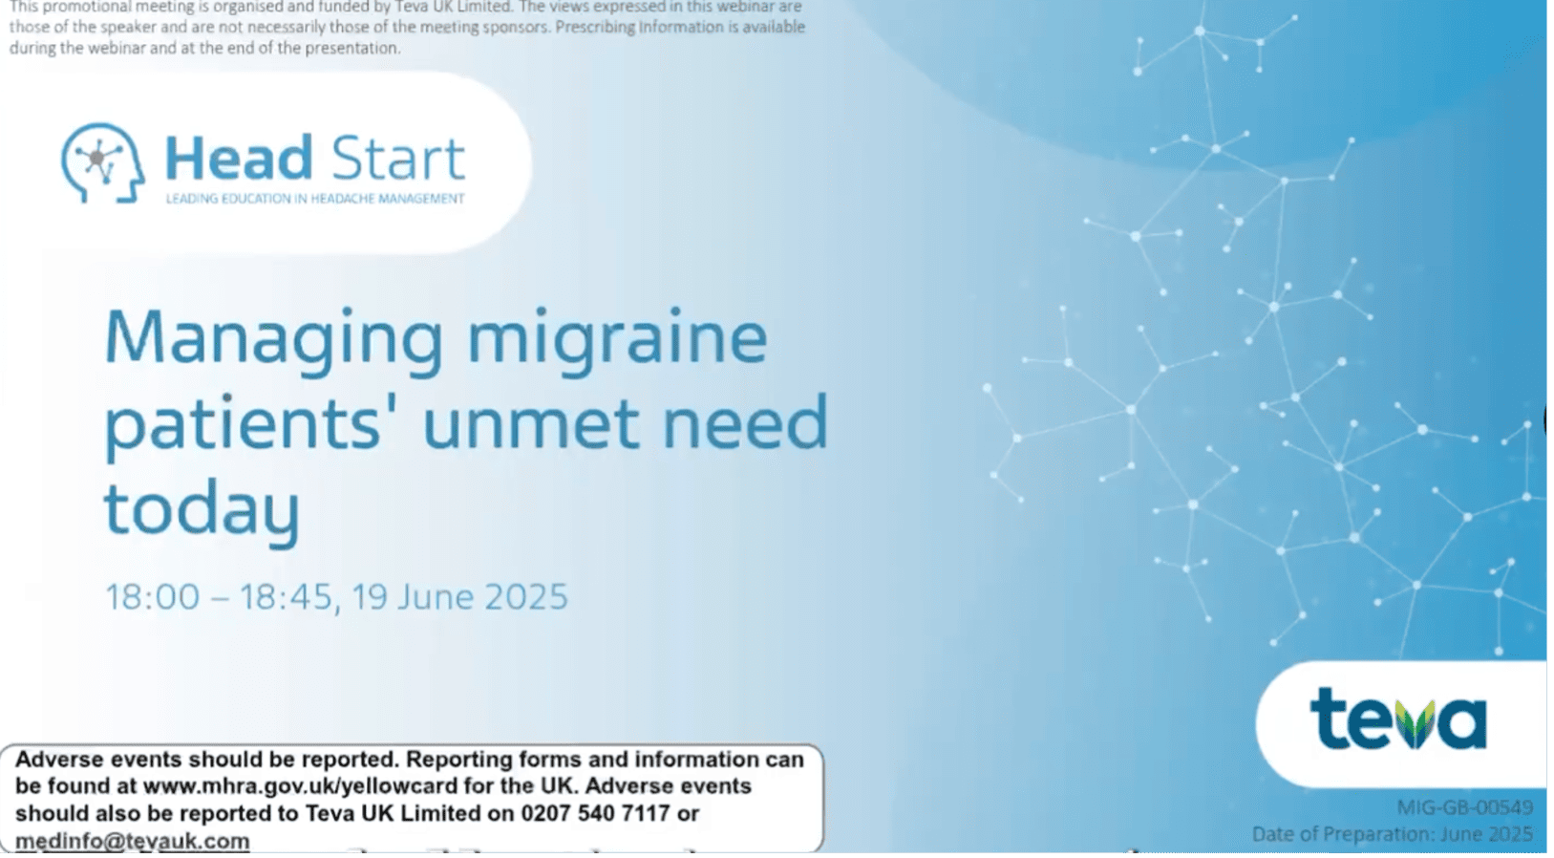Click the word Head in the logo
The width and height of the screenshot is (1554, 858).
[239, 159]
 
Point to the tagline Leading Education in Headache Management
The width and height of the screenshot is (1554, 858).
[315, 199]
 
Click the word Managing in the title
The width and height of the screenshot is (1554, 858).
[273, 339]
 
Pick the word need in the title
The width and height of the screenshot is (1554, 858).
[745, 423]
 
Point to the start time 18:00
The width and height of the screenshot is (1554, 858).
[152, 597]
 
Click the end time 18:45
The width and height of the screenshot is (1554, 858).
[286, 597]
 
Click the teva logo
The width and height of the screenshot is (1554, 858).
[1398, 719]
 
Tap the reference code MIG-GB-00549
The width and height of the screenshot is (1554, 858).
[1464, 807]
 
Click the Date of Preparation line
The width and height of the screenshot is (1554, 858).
[1392, 834]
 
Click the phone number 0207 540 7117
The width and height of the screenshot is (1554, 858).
[595, 814]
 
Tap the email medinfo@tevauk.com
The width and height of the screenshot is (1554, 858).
[132, 841]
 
